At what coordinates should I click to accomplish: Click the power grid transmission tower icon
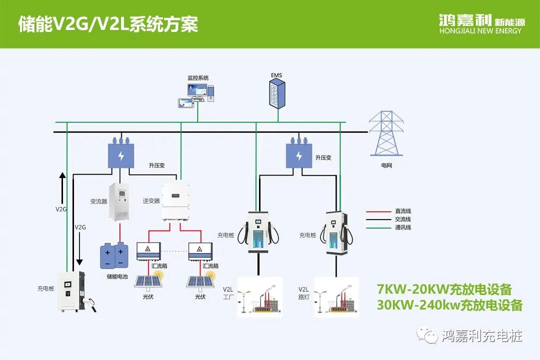386,133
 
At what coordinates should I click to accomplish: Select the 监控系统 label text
198,78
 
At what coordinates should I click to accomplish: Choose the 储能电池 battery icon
114,255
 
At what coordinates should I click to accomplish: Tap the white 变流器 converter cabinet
119,202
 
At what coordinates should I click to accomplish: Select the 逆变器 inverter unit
175,202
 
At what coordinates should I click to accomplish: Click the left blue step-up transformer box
120,155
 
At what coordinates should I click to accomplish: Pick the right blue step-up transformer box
299,155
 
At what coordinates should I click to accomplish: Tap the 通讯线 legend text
403,228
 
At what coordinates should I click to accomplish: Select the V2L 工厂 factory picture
259,297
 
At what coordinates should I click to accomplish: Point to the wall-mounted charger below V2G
71,291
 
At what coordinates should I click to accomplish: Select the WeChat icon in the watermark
428,336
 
